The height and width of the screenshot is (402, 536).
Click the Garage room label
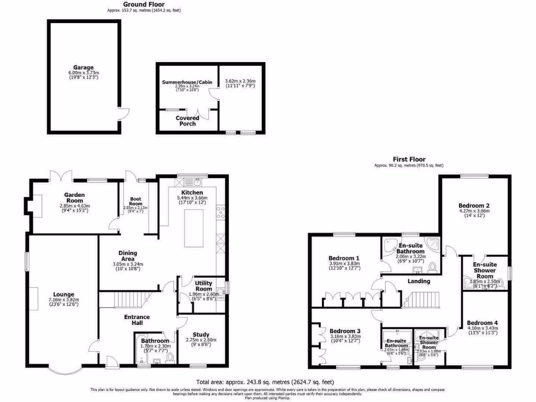coord(83,68)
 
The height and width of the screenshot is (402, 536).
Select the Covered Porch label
coord(187,121)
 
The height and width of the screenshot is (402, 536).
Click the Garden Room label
coord(74,195)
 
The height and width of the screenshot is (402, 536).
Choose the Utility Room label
coord(203,286)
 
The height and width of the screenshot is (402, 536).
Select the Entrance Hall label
coord(137,320)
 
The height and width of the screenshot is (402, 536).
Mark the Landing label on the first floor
coord(419,281)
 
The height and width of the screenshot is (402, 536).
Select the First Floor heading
coord(409,159)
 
